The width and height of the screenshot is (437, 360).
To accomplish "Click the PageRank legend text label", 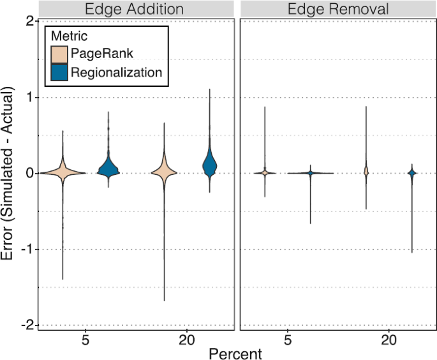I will (102, 54).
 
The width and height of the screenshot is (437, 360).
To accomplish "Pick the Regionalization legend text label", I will (116, 72).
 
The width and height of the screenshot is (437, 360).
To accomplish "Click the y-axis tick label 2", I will (29, 21).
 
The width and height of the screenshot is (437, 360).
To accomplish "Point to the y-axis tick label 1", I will (29, 97).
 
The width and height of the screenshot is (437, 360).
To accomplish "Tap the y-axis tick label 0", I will (29, 173).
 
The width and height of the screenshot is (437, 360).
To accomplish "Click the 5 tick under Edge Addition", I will (85, 340).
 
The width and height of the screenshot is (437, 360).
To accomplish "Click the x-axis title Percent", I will (237, 352).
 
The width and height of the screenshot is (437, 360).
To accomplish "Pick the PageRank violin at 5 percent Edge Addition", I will (63, 172).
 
